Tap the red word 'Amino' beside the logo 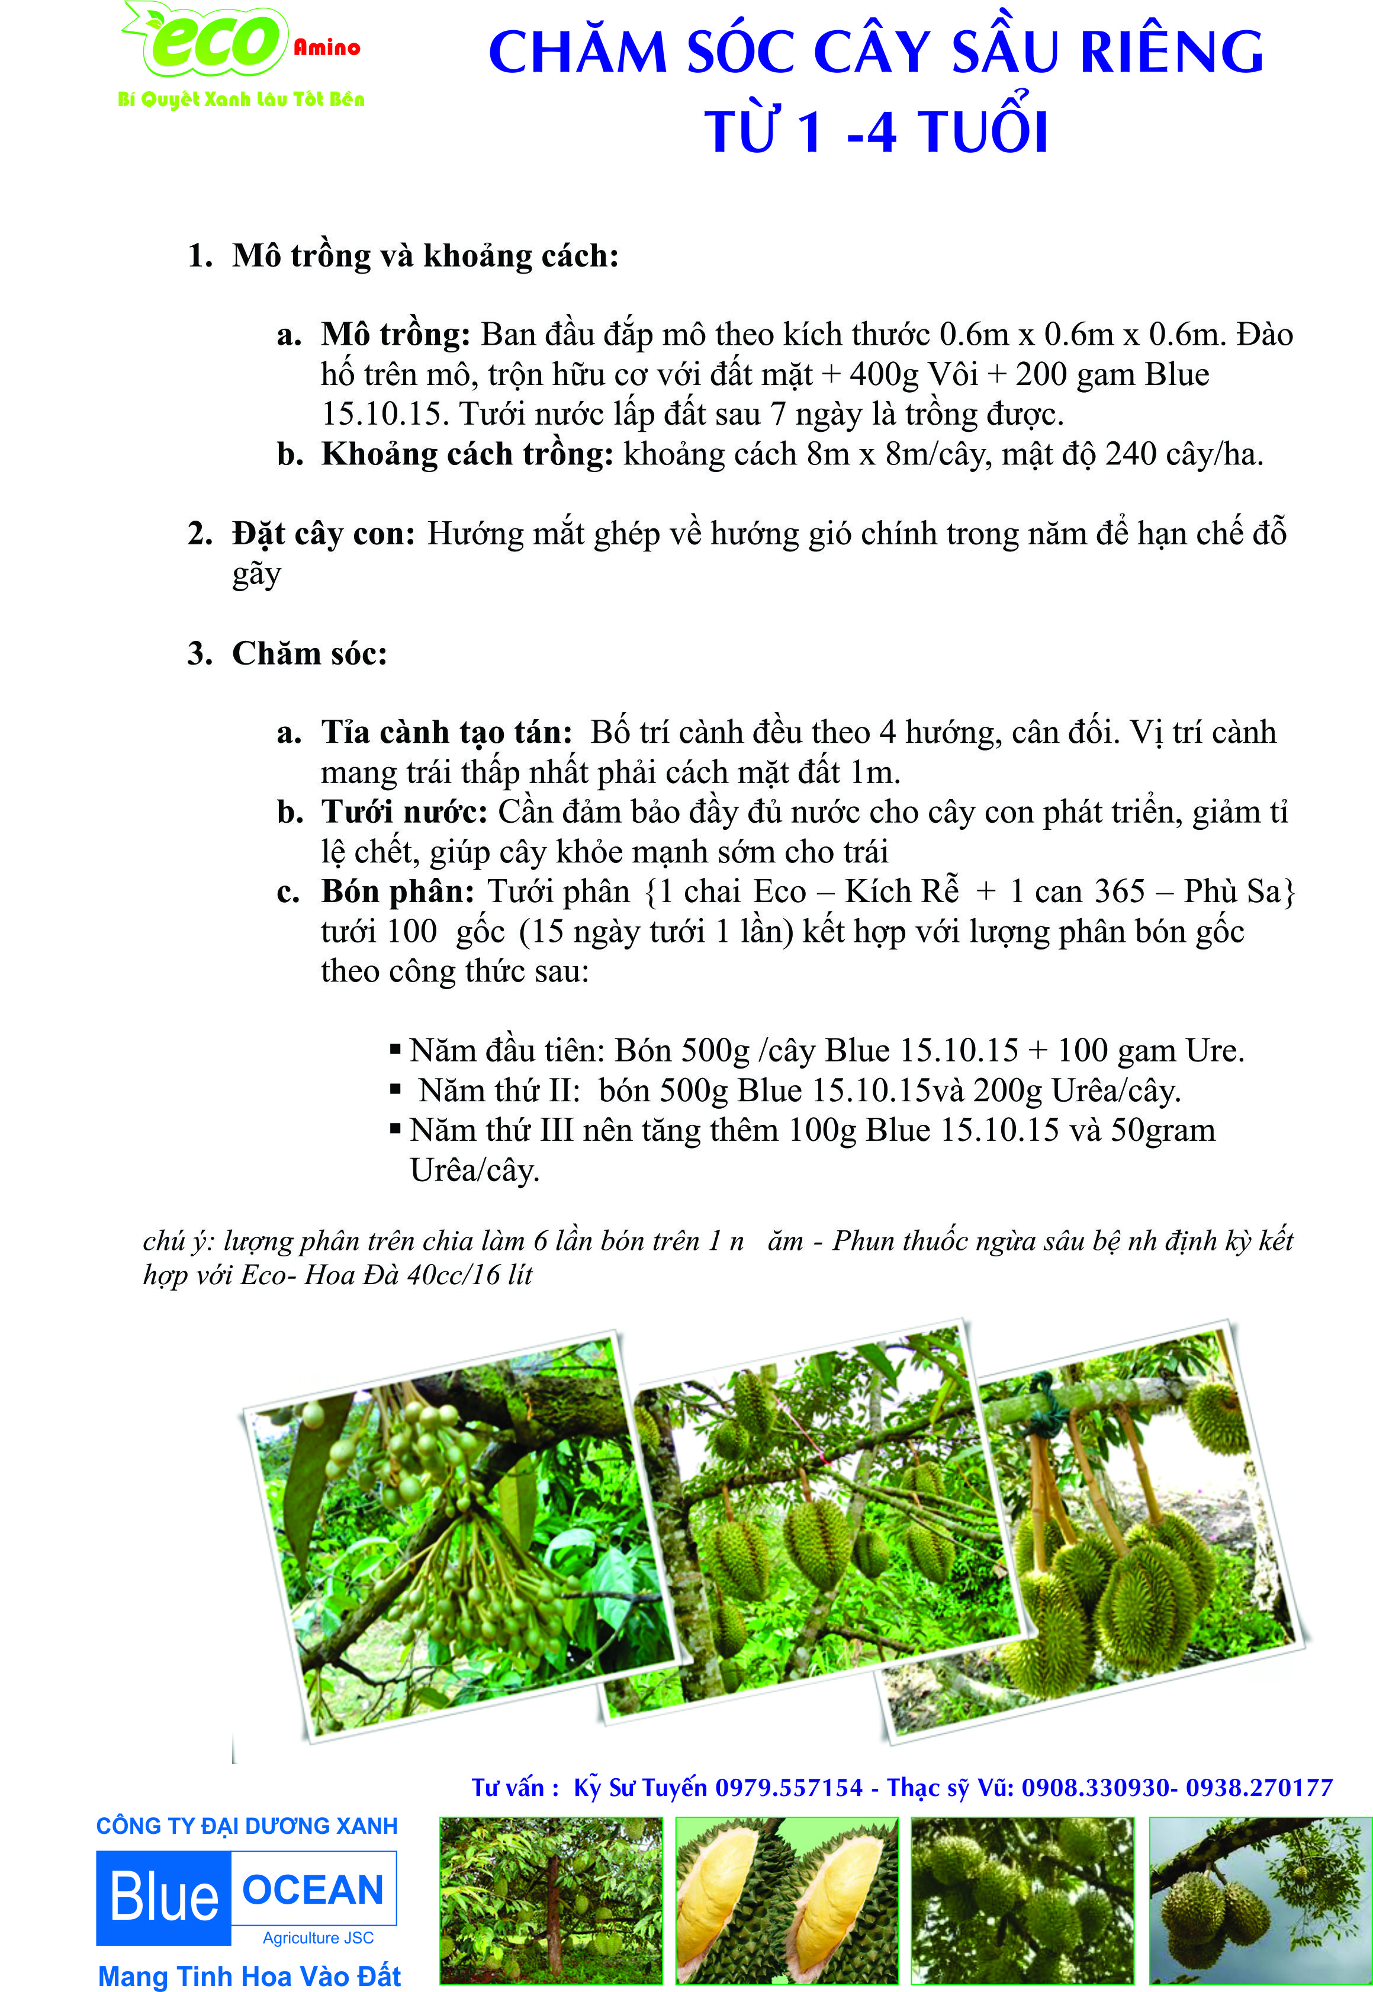click(x=327, y=47)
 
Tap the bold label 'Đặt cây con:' click(x=323, y=534)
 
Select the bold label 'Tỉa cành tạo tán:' click(x=446, y=732)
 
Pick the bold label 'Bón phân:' click(x=397, y=891)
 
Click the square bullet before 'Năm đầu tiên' click(x=395, y=1049)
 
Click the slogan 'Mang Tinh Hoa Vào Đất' click(x=249, y=1975)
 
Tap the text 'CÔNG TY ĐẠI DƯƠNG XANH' click(x=247, y=1826)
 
